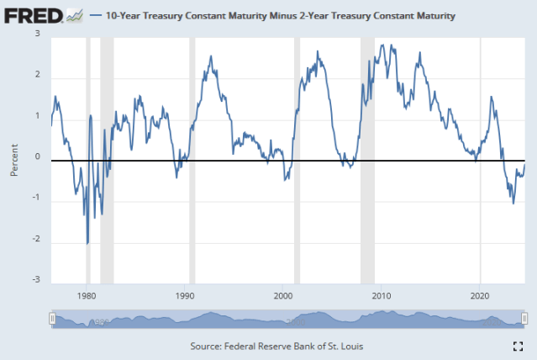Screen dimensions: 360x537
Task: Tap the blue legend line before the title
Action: [94, 15]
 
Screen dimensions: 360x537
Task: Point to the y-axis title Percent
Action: [14, 160]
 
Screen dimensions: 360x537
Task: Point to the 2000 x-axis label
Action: [283, 295]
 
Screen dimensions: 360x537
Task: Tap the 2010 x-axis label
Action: [382, 295]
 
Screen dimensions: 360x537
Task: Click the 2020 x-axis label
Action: [480, 295]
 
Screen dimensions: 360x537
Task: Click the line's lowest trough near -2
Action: [87, 243]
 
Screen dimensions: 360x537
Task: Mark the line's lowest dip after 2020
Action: [513, 203]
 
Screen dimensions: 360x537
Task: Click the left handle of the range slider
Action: [52, 319]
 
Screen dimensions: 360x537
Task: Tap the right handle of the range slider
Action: [525, 319]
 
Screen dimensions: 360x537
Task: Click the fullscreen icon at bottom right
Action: [519, 346]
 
